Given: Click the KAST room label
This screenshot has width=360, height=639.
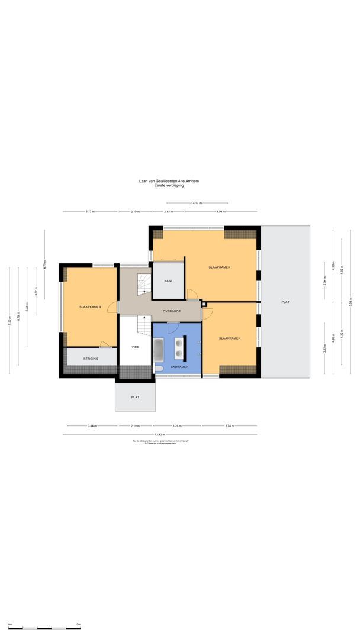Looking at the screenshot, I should (169, 280).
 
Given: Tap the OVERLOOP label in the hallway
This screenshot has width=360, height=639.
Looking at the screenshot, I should (172, 311).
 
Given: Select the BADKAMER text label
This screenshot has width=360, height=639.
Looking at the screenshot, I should (179, 367).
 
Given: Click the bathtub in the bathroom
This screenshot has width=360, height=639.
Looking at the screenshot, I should (159, 350).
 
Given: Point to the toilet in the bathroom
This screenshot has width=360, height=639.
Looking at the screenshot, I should (158, 369).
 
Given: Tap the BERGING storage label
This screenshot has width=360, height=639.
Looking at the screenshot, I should (91, 359).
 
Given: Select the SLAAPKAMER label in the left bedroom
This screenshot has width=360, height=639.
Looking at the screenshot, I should (90, 307).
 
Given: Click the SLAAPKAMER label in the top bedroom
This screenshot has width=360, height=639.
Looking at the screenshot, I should (219, 267).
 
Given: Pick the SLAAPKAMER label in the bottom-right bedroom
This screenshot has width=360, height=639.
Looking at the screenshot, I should (229, 338).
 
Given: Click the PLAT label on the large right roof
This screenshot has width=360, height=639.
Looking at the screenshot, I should (285, 302).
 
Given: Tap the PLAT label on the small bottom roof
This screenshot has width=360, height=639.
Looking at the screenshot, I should (135, 398).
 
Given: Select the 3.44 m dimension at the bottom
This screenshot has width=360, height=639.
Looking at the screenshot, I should (92, 425).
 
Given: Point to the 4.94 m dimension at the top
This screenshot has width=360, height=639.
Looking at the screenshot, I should (220, 211).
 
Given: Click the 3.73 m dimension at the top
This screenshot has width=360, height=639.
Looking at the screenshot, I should (90, 211).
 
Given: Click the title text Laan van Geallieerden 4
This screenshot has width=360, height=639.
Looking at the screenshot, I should (169, 181).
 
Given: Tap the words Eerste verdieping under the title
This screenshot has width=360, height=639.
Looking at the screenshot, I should (169, 186).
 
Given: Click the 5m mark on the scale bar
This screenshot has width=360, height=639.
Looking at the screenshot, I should (78, 624).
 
